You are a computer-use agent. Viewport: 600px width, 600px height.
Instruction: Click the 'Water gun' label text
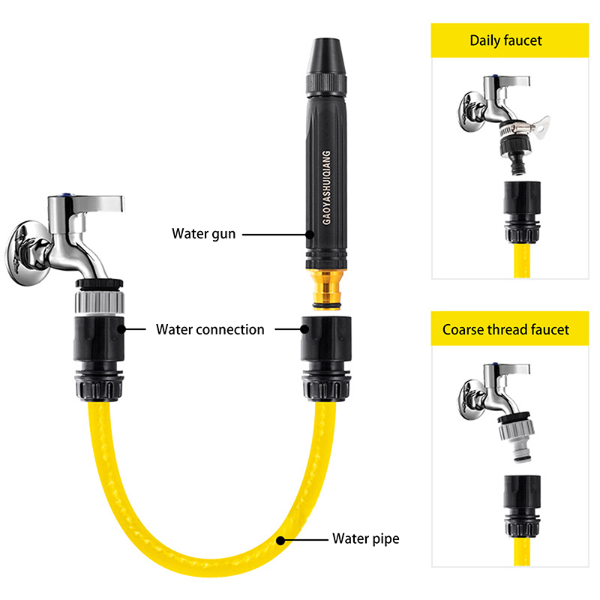click(x=203, y=234)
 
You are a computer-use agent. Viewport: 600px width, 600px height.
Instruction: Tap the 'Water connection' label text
click(x=210, y=329)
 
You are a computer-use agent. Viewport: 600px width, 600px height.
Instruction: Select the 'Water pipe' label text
click(x=366, y=538)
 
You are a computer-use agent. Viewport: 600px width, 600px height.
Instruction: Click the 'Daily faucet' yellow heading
click(x=505, y=40)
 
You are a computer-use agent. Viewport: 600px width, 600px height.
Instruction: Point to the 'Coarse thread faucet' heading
click(x=505, y=329)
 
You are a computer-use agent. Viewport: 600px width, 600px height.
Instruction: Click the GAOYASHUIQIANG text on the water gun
click(x=326, y=187)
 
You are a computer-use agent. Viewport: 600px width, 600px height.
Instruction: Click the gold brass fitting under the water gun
click(x=326, y=289)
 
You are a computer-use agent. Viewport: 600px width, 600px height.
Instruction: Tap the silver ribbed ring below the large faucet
click(x=100, y=303)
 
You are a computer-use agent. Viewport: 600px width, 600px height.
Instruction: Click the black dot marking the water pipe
click(x=280, y=540)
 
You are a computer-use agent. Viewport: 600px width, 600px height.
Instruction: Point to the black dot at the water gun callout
click(x=310, y=234)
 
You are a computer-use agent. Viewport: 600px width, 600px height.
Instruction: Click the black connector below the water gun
click(x=326, y=358)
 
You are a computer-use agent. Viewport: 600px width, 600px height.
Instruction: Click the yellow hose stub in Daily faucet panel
click(x=522, y=261)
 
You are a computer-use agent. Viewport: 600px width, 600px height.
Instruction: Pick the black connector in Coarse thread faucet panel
click(x=522, y=505)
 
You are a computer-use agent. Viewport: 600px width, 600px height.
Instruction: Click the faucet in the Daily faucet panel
click(x=493, y=103)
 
